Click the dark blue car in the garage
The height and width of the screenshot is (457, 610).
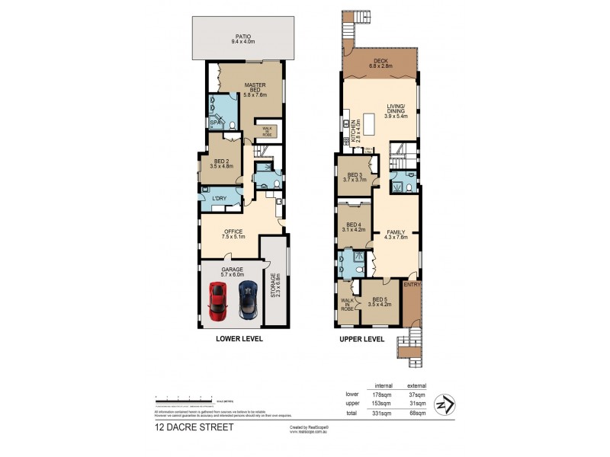click(x=246, y=299)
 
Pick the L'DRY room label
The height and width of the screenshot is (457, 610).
click(x=220, y=199)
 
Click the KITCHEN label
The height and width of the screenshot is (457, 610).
click(x=353, y=136)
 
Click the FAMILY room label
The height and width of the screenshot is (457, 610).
click(x=396, y=233)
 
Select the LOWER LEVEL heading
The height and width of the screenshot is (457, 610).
click(x=239, y=337)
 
